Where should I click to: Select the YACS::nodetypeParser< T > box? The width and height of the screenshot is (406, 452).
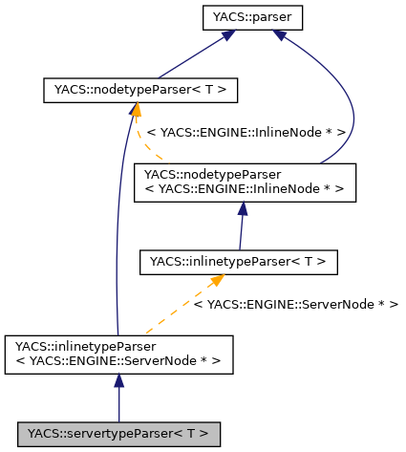tap(140, 91)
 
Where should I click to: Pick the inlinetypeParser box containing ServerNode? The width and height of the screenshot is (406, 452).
tap(119, 353)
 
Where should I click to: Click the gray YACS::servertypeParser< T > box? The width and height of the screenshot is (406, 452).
tap(119, 433)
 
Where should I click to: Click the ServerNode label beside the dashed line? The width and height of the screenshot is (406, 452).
tap(295, 304)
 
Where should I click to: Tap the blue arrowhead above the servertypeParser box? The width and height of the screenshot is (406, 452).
tap(119, 381)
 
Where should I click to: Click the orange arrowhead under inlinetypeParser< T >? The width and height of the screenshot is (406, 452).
tap(218, 279)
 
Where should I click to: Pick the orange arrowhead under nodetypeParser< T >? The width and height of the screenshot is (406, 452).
tap(136, 111)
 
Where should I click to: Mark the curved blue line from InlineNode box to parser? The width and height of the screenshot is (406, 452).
tap(353, 115)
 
